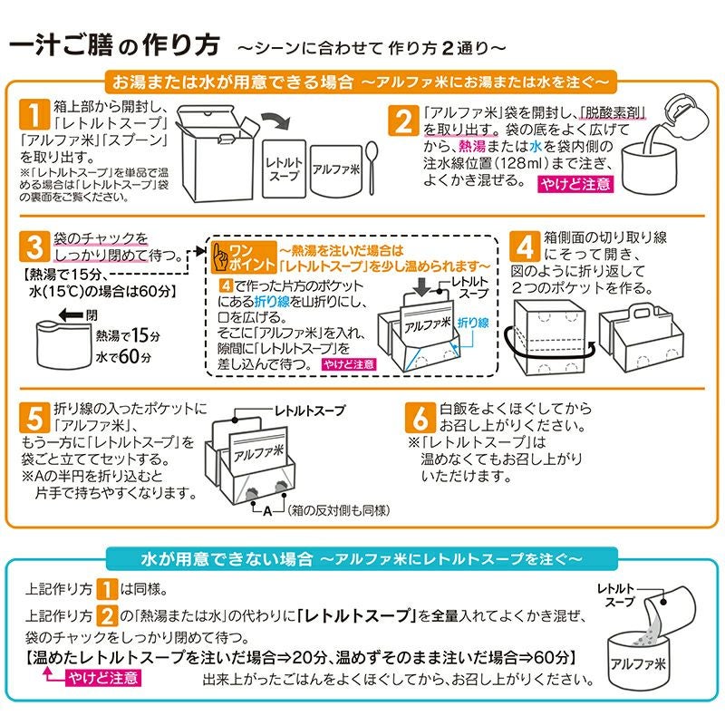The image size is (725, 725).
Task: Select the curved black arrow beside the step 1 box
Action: (x=273, y=121)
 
